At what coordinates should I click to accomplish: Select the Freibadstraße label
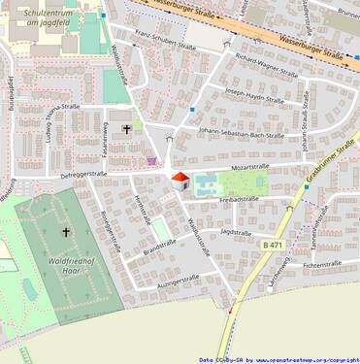point(239,200)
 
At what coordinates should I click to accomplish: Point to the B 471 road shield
point(273,246)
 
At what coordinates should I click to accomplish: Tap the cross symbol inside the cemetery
point(66,232)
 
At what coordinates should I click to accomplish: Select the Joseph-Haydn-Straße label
point(254,96)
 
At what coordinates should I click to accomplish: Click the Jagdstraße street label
point(236,233)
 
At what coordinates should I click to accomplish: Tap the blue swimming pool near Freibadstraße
point(206,182)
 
